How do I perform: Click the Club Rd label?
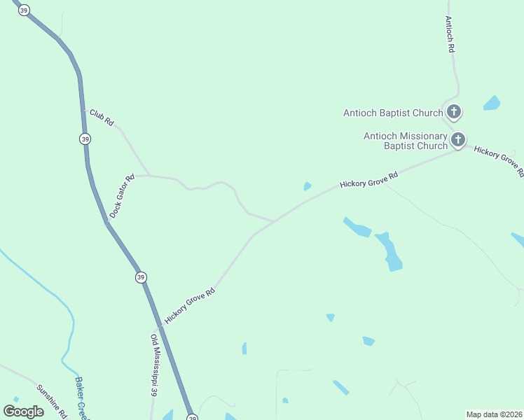[x=102, y=118]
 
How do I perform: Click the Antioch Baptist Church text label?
[x=392, y=113]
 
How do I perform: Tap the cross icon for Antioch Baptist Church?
[x=454, y=111]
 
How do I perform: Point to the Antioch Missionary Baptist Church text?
[x=405, y=141]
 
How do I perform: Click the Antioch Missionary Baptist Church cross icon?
[x=458, y=139]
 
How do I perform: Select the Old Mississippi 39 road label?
[x=153, y=366]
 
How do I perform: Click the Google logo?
[x=23, y=411]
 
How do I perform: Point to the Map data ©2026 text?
[x=494, y=414]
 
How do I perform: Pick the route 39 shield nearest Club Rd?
[x=85, y=139]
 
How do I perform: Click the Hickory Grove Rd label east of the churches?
[x=499, y=160]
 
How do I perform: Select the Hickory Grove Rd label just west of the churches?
[x=368, y=180]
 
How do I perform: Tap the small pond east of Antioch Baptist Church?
[x=492, y=104]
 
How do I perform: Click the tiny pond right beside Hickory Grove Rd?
[x=307, y=186]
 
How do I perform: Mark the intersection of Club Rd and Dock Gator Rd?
[x=149, y=175]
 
